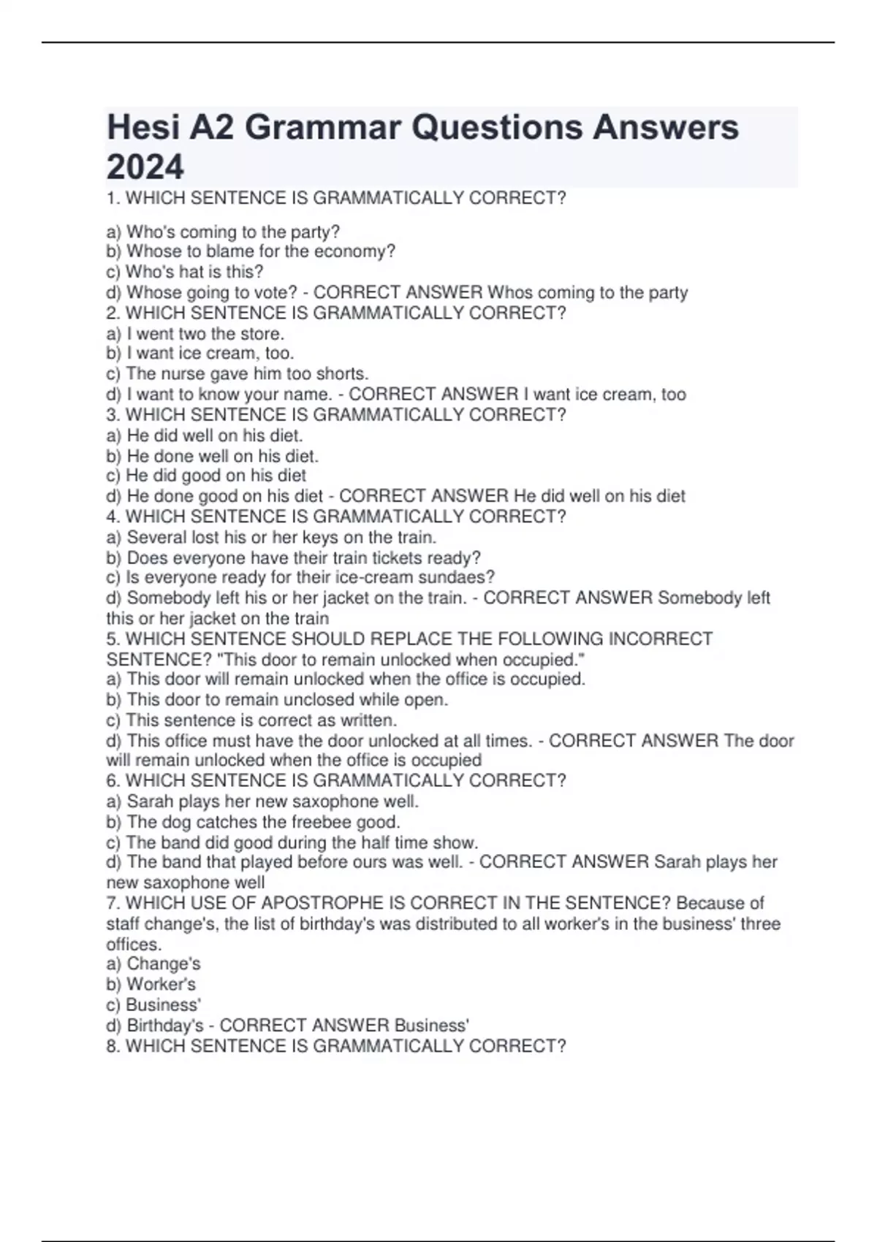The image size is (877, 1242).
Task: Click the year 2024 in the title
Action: (x=145, y=167)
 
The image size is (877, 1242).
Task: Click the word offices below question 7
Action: (x=133, y=945)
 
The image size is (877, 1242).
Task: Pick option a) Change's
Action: (x=153, y=964)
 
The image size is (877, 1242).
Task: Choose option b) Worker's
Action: (x=151, y=985)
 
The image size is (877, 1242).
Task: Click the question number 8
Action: (x=113, y=1047)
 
